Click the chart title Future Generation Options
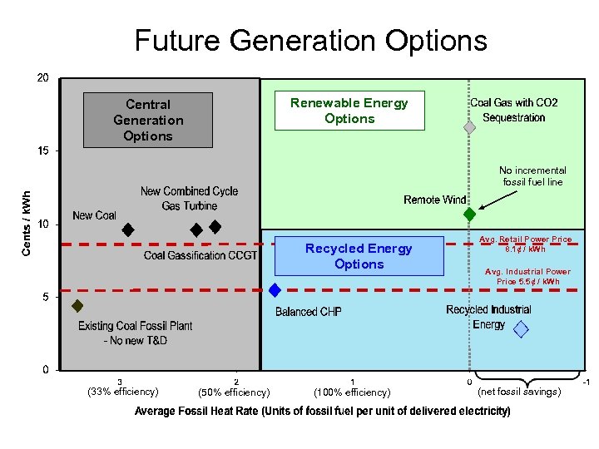coord(310,40)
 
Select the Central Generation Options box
coord(148,121)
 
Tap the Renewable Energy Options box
coord(349,111)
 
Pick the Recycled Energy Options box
coord(359,256)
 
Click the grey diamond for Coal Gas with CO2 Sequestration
coord(469,127)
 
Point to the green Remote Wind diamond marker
coord(469,214)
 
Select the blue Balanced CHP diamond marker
coord(275,289)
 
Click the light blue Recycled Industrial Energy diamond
coord(521,329)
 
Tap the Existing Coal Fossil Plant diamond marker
coord(77,306)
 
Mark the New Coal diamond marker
coord(128,229)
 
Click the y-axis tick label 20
coord(42,78)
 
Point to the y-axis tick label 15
coord(42,151)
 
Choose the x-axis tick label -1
coord(586,382)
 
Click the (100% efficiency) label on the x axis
coord(352,392)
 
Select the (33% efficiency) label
coord(123,392)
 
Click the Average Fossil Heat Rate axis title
coord(323,412)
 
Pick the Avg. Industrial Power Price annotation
coord(527,276)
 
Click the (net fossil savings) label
coord(519,391)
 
